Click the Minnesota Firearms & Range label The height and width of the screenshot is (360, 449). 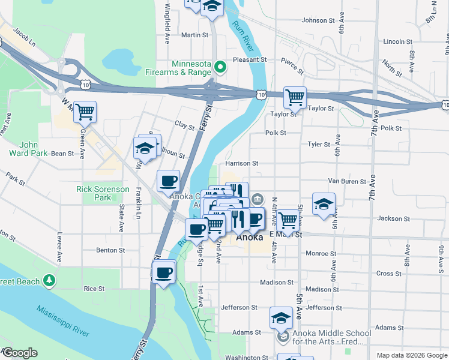pos(193,68)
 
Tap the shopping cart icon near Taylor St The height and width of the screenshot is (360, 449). pos(295,97)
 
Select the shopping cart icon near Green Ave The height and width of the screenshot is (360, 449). pos(85,111)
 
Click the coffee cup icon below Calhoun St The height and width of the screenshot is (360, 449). pos(168,180)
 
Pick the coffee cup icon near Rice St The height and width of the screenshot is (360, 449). pos(163,273)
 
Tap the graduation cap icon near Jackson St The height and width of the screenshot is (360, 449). pos(324,204)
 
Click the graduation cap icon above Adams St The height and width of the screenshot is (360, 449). pos(280,317)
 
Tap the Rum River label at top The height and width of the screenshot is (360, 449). pos(243,35)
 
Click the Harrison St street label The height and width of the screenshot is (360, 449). pos(241,163)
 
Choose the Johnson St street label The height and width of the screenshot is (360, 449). pos(318,20)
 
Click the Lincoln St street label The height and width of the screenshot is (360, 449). pos(397,41)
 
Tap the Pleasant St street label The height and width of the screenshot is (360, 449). pos(249,60)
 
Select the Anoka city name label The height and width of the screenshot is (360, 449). pos(249,237)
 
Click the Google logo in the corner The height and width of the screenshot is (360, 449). pos(19,353)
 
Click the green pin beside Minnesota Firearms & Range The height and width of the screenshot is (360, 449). pos(220,67)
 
